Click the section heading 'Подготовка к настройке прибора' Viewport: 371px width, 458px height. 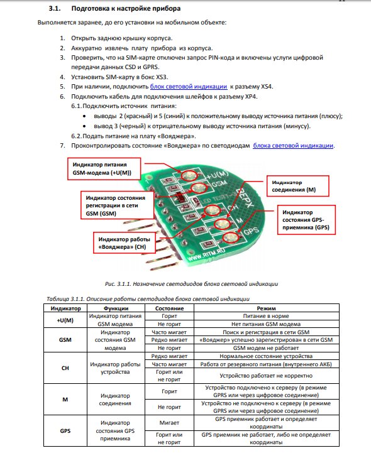click(x=126, y=8)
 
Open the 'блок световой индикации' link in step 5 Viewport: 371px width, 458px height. click(x=189, y=87)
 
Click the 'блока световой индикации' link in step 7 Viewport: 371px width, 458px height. click(x=293, y=146)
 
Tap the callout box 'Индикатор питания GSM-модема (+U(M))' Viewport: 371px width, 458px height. click(x=104, y=169)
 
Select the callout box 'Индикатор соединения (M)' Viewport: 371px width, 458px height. click(x=297, y=186)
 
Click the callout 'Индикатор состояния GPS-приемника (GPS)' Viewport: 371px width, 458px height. click(x=306, y=220)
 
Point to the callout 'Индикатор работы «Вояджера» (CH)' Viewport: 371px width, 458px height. click(x=125, y=243)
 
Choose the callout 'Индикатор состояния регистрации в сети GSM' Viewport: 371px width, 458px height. click(x=117, y=205)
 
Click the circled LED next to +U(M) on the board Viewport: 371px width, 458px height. click(x=188, y=176)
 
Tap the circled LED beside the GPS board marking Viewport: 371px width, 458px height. click(x=230, y=237)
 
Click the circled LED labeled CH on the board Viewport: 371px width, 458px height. click(x=213, y=210)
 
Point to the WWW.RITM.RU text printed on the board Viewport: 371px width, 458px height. click(x=206, y=255)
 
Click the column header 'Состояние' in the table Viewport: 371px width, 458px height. click(x=169, y=308)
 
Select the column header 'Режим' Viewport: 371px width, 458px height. click(x=267, y=308)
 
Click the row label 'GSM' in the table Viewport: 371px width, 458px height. click(x=65, y=340)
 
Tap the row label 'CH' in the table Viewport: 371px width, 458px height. click(x=65, y=368)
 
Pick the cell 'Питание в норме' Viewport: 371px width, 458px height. click(x=266, y=316)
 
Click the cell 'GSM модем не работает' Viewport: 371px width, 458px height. click(x=266, y=348)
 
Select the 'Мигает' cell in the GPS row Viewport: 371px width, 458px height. click(x=169, y=423)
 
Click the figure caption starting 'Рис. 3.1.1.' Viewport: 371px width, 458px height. click(x=192, y=283)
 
